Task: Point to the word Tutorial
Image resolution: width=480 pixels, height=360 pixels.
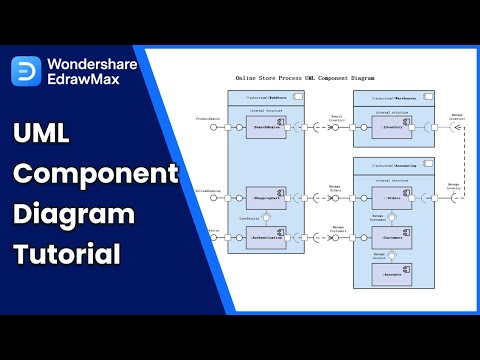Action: point(67,255)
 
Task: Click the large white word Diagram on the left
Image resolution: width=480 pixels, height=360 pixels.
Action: point(74,214)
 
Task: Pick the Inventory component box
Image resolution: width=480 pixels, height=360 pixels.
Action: point(394,127)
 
